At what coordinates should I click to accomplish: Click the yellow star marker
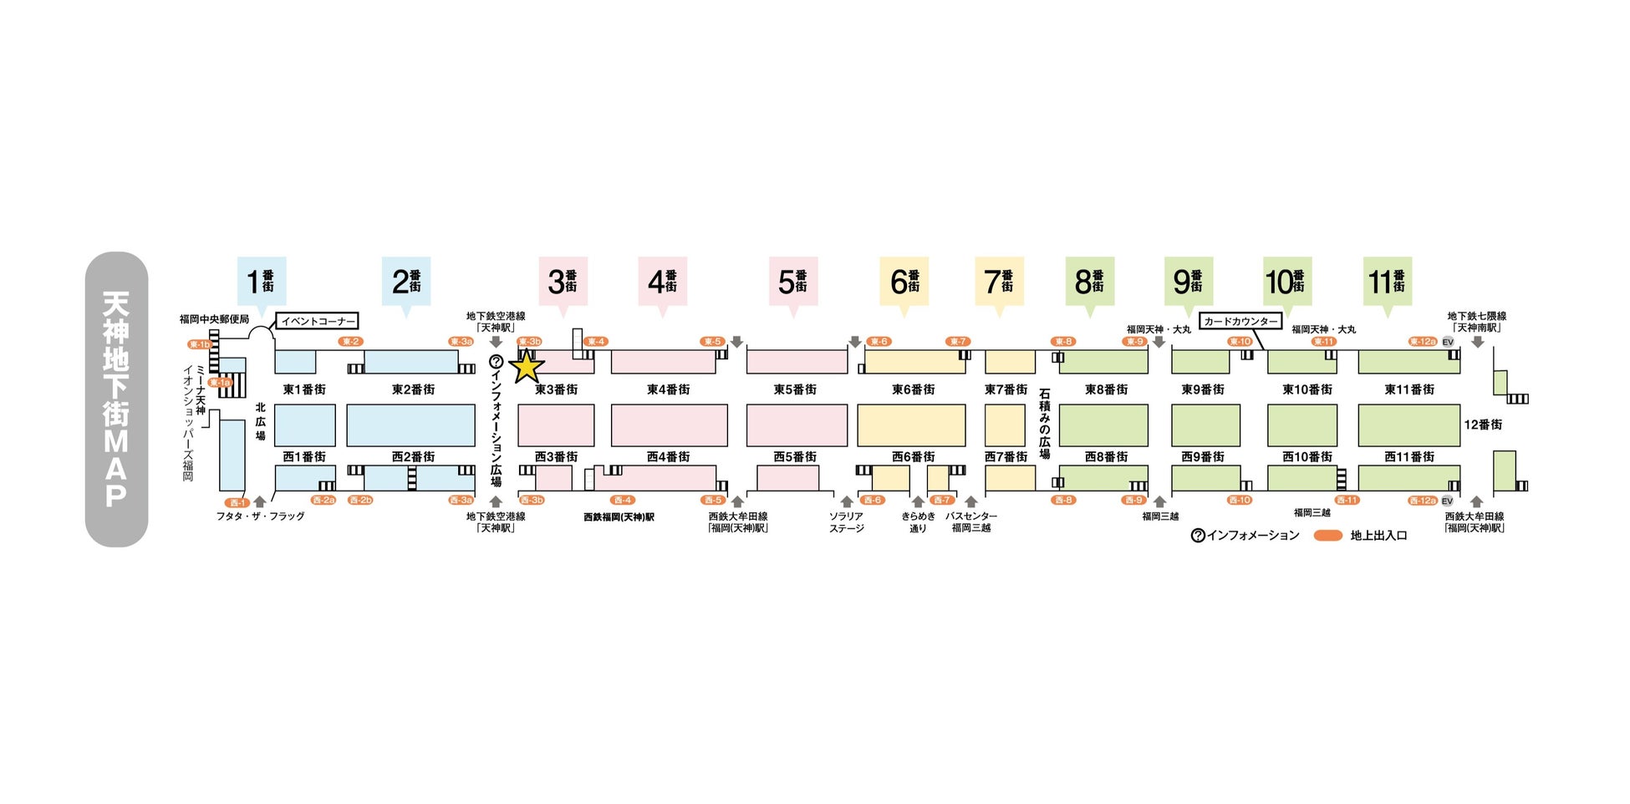tap(527, 366)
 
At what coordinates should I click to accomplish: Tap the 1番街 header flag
tap(262, 282)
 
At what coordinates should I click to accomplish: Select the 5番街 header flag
tap(793, 282)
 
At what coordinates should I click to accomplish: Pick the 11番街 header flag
tap(1387, 282)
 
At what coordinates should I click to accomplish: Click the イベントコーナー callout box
tap(318, 321)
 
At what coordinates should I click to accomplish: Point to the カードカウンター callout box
tap(1240, 321)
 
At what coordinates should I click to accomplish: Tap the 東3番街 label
tap(556, 389)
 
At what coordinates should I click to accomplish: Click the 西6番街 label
tap(913, 457)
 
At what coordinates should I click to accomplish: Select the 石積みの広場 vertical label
tap(1044, 423)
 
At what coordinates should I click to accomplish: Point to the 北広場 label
tap(260, 422)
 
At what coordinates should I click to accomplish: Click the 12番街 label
tap(1483, 425)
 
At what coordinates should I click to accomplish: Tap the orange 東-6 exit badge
tap(879, 342)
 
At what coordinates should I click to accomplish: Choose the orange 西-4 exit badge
tap(622, 501)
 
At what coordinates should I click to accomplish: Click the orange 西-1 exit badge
tap(238, 503)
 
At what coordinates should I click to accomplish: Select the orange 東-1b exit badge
tap(200, 344)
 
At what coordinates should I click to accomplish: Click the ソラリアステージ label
tap(846, 522)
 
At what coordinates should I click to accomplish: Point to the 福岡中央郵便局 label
tap(214, 319)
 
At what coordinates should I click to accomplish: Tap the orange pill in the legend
tap(1327, 536)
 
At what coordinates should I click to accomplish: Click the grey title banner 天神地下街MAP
tap(116, 399)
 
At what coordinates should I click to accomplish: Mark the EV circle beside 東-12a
tap(1448, 342)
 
